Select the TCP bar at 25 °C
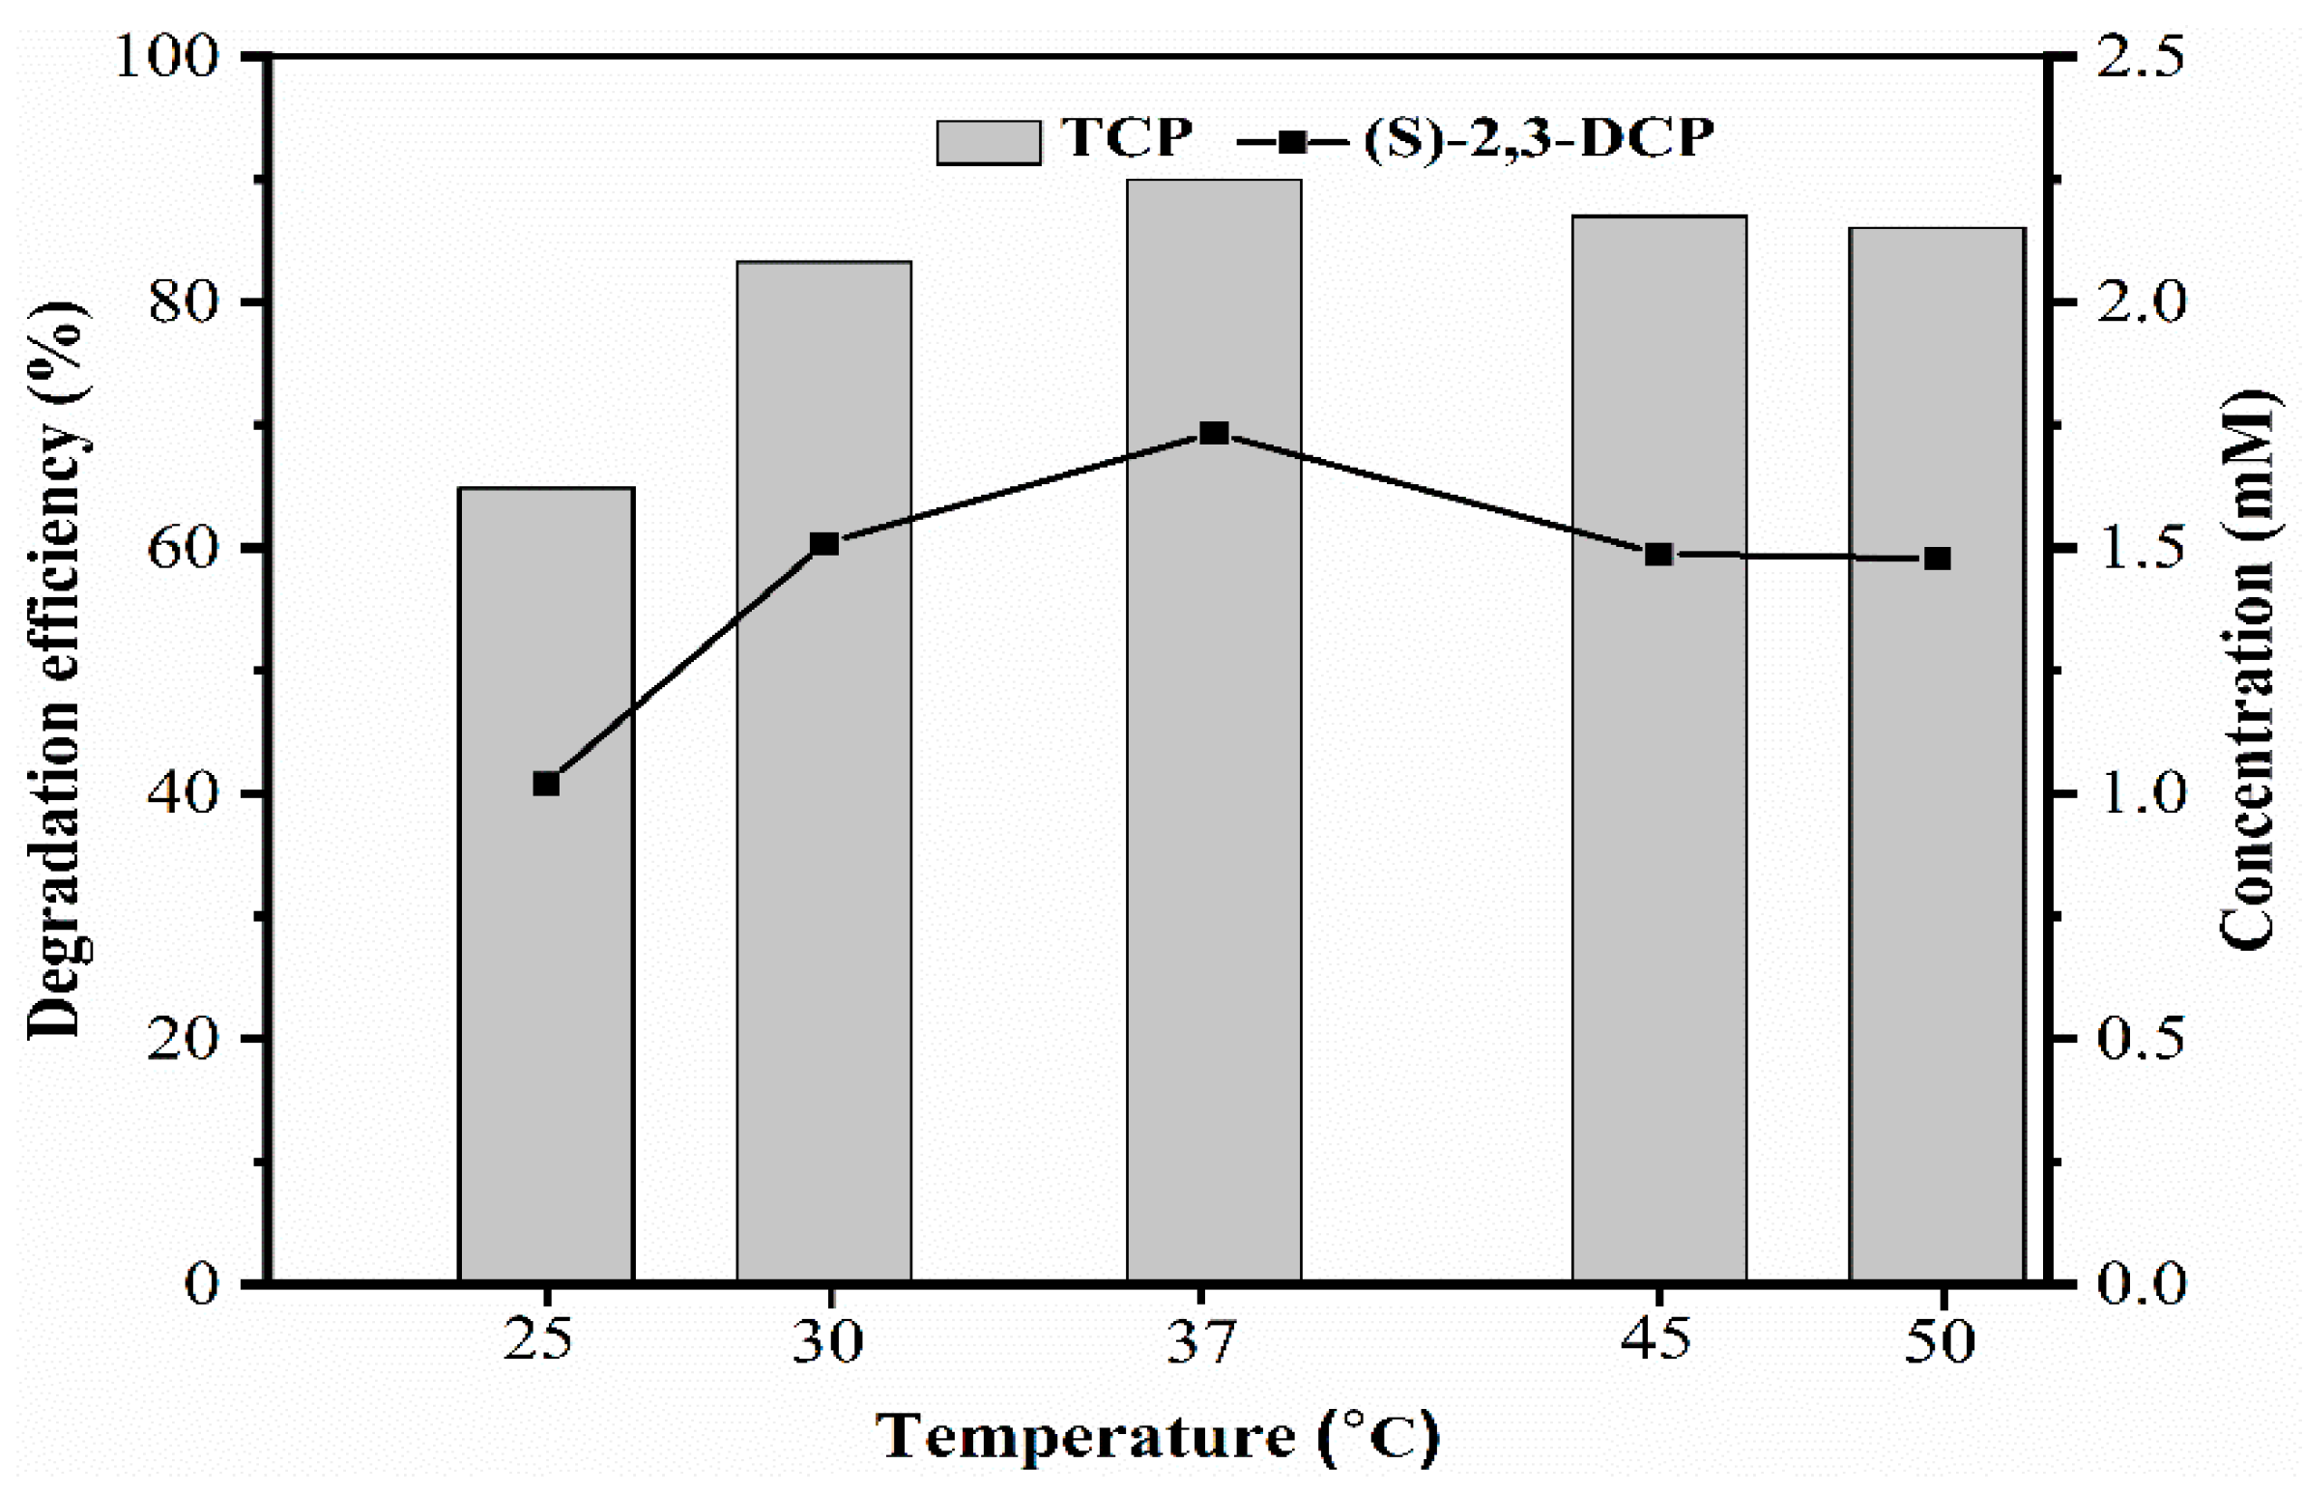pyautogui.click(x=546, y=968)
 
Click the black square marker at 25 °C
pyautogui.click(x=546, y=784)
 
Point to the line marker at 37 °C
pyautogui.click(x=1214, y=433)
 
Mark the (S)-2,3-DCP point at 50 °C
pyautogui.click(x=1937, y=559)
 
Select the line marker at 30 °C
pyautogui.click(x=823, y=544)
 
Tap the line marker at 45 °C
pyautogui.click(x=1659, y=555)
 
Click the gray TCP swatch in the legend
pyautogui.click(x=988, y=142)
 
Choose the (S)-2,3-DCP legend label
pyautogui.click(x=1539, y=138)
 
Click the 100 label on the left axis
pyautogui.click(x=164, y=58)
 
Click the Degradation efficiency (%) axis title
pyautogui.click(x=55, y=668)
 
